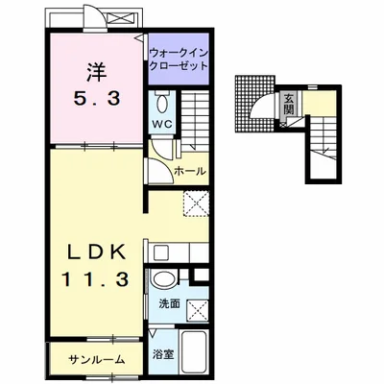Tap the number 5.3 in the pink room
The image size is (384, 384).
(x=97, y=98)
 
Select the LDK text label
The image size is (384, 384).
(x=96, y=253)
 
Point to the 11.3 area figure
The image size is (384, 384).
(x=96, y=279)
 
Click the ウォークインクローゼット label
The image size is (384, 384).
(x=179, y=60)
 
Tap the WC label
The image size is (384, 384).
(x=162, y=124)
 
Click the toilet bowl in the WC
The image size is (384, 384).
(x=162, y=103)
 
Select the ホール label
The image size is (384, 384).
(x=189, y=172)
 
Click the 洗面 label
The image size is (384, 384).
(x=169, y=303)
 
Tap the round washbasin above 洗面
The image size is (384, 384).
(x=164, y=278)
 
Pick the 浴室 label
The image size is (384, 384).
(x=163, y=354)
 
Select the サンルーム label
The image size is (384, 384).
(x=96, y=360)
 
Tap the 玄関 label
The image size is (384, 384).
(x=288, y=105)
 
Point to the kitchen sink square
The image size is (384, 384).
(x=159, y=253)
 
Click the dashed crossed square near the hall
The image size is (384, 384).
(x=196, y=204)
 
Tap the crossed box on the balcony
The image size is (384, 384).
(x=122, y=18)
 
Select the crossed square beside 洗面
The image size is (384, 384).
(x=198, y=310)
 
